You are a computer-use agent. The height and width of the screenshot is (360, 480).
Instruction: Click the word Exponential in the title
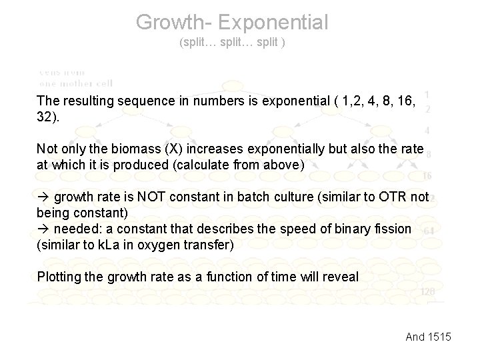[x=273, y=22]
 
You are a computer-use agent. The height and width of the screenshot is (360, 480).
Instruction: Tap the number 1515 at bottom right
[x=438, y=337]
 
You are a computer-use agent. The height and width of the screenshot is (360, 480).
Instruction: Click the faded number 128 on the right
[x=428, y=291]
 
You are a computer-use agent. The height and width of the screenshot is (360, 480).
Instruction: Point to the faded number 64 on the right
[x=429, y=230]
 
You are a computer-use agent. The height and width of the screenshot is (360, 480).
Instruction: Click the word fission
[x=393, y=229]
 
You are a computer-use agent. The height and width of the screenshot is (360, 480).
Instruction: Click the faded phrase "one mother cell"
[x=75, y=83]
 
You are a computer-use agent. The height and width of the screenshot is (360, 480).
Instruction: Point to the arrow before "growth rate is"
[x=43, y=197]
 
